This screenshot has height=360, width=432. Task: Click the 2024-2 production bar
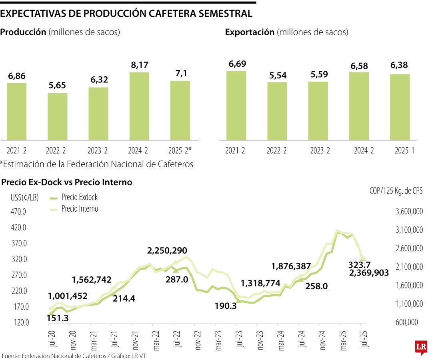tap(139, 106)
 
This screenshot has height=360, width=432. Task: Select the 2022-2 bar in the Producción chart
tap(57, 116)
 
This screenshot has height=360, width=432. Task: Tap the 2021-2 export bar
tap(236, 105)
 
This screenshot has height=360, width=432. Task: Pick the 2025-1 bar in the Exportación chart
tap(400, 107)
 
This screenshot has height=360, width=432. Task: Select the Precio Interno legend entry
tap(80, 209)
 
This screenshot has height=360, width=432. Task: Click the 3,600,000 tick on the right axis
tap(409, 212)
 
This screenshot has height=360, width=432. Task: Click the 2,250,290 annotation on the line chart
tap(167, 251)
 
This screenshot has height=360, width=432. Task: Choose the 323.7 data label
tap(359, 264)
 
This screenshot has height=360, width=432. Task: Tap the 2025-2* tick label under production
tap(180, 151)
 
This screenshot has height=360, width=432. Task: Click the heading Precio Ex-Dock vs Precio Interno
tap(67, 182)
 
